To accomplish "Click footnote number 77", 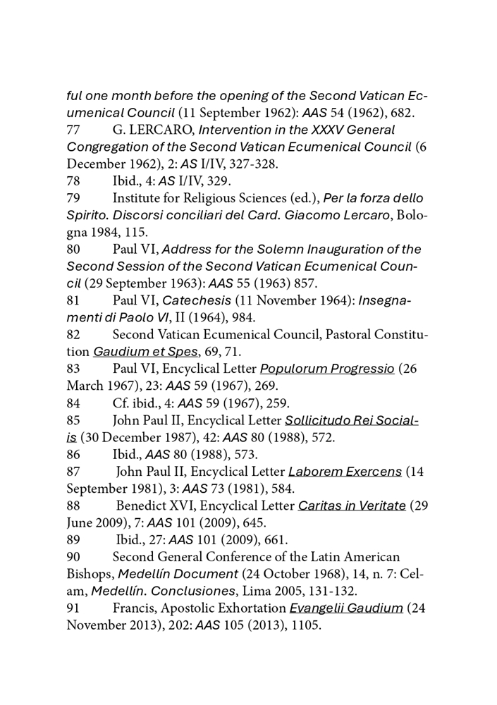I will (x=74, y=130).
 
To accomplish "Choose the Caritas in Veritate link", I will (x=352, y=506).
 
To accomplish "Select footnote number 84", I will (x=74, y=404).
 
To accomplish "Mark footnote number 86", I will (x=74, y=455).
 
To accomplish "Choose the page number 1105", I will (x=305, y=626).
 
